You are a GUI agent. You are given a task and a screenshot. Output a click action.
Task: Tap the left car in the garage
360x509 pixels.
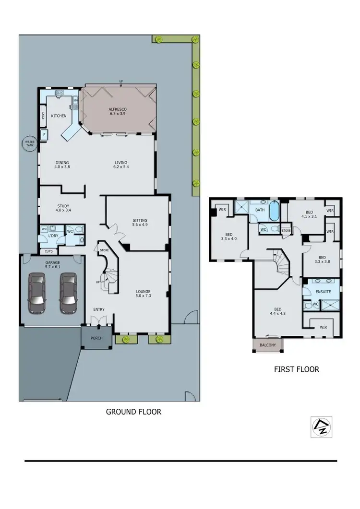click(37, 293)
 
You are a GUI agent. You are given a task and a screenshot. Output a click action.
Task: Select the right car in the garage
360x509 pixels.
click(68, 293)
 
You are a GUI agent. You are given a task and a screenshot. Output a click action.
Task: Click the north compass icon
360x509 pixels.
click(317, 426)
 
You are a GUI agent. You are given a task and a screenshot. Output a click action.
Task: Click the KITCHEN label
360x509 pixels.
click(59, 116)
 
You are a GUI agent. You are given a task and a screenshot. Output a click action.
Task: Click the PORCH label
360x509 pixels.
click(97, 337)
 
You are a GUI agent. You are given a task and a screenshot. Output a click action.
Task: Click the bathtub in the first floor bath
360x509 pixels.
click(275, 211)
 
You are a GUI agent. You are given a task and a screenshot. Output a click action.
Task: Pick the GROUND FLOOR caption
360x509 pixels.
click(133, 412)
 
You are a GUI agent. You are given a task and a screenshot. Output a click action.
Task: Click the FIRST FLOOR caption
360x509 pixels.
click(296, 369)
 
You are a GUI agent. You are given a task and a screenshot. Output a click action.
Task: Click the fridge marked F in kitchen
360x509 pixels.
click(44, 135)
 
